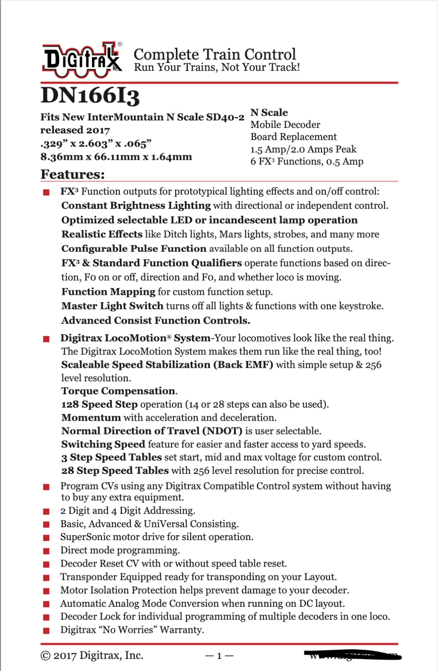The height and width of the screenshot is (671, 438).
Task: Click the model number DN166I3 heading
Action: click(x=90, y=96)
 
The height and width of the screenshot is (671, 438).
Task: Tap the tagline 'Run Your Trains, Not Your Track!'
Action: click(x=217, y=68)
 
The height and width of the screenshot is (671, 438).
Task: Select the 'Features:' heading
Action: click(x=73, y=174)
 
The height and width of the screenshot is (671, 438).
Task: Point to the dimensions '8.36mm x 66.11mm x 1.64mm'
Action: click(x=116, y=157)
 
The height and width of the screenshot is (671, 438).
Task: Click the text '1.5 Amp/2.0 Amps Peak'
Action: click(x=303, y=149)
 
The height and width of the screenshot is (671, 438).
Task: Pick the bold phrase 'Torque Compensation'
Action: click(x=118, y=391)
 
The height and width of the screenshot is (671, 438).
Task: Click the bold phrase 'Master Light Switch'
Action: click(x=112, y=306)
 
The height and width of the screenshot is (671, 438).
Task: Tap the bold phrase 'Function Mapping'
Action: click(x=108, y=291)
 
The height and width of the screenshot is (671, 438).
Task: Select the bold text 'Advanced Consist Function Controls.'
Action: click(x=156, y=320)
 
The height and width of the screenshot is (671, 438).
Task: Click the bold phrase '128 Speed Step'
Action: click(x=99, y=404)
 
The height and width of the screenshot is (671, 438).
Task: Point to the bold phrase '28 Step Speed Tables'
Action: click(x=115, y=471)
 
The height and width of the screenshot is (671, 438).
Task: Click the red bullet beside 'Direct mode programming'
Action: click(x=46, y=551)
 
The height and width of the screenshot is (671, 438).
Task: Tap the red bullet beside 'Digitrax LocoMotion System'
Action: click(x=46, y=339)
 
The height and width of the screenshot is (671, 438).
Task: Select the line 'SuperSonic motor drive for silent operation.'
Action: click(x=157, y=537)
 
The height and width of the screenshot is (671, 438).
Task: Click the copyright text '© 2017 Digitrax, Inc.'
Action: click(x=92, y=655)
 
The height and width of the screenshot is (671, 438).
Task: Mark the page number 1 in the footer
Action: click(x=219, y=656)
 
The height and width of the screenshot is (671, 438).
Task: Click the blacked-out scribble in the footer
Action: click(x=353, y=655)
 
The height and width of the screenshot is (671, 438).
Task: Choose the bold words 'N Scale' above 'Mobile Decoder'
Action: click(x=269, y=112)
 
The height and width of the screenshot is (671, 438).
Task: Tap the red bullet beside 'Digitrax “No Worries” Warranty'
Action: click(x=46, y=630)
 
